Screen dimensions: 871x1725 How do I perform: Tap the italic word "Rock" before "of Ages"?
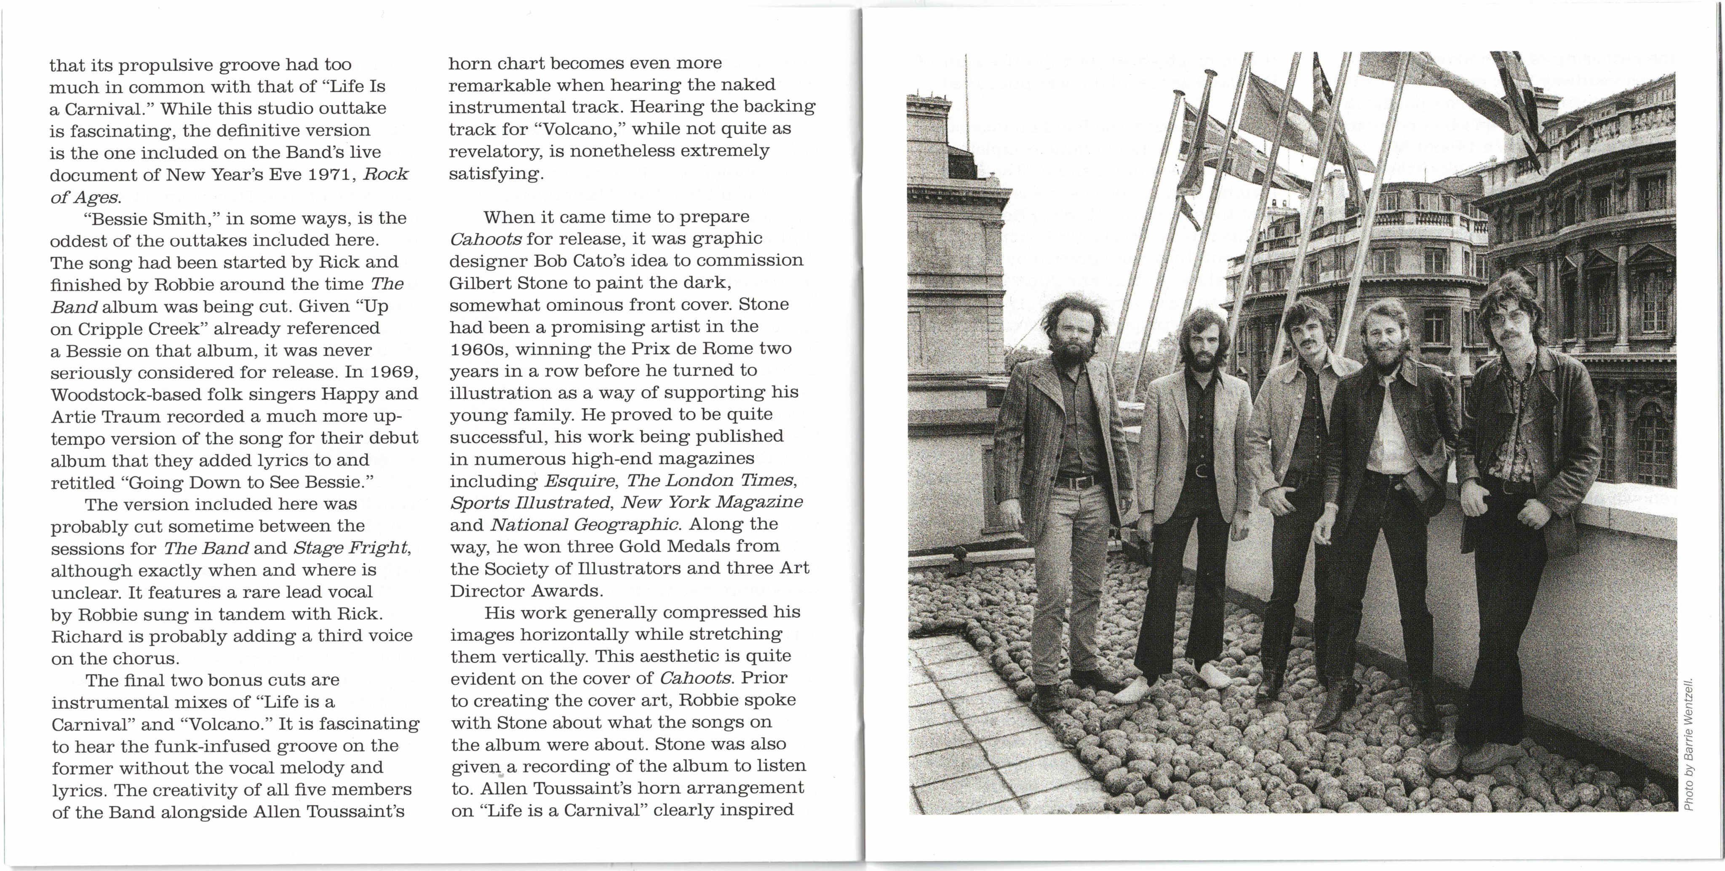385,175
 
